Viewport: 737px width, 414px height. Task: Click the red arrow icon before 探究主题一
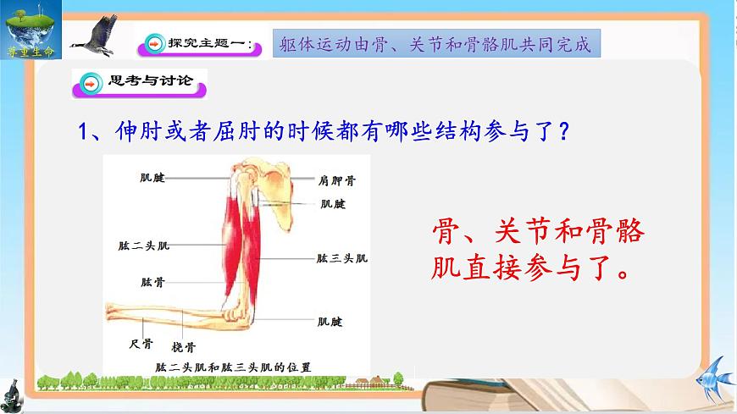pos(154,43)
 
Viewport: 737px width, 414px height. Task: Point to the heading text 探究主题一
pos(208,44)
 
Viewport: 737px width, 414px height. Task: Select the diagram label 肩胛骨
pos(337,180)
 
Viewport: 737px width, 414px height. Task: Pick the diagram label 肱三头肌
pos(342,258)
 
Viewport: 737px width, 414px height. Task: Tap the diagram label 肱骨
pos(152,281)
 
